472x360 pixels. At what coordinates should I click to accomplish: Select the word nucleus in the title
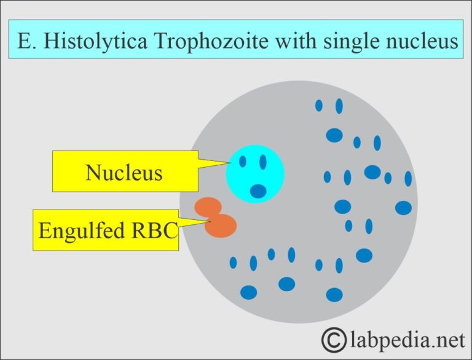[422, 41]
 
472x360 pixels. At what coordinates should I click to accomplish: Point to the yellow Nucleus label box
[124, 172]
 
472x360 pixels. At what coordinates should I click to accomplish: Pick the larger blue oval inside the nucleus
[259, 191]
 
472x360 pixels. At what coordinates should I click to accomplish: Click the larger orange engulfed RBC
[221, 225]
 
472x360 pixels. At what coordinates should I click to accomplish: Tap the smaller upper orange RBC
[207, 207]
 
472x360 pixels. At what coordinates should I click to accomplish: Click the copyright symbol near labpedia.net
[334, 338]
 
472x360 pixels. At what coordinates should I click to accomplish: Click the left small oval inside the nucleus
[243, 162]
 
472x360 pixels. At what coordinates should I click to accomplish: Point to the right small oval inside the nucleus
[263, 162]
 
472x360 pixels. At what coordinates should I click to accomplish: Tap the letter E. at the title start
[28, 41]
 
